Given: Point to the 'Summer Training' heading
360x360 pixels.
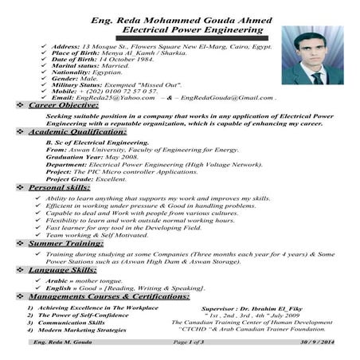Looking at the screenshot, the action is pos(67,243).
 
